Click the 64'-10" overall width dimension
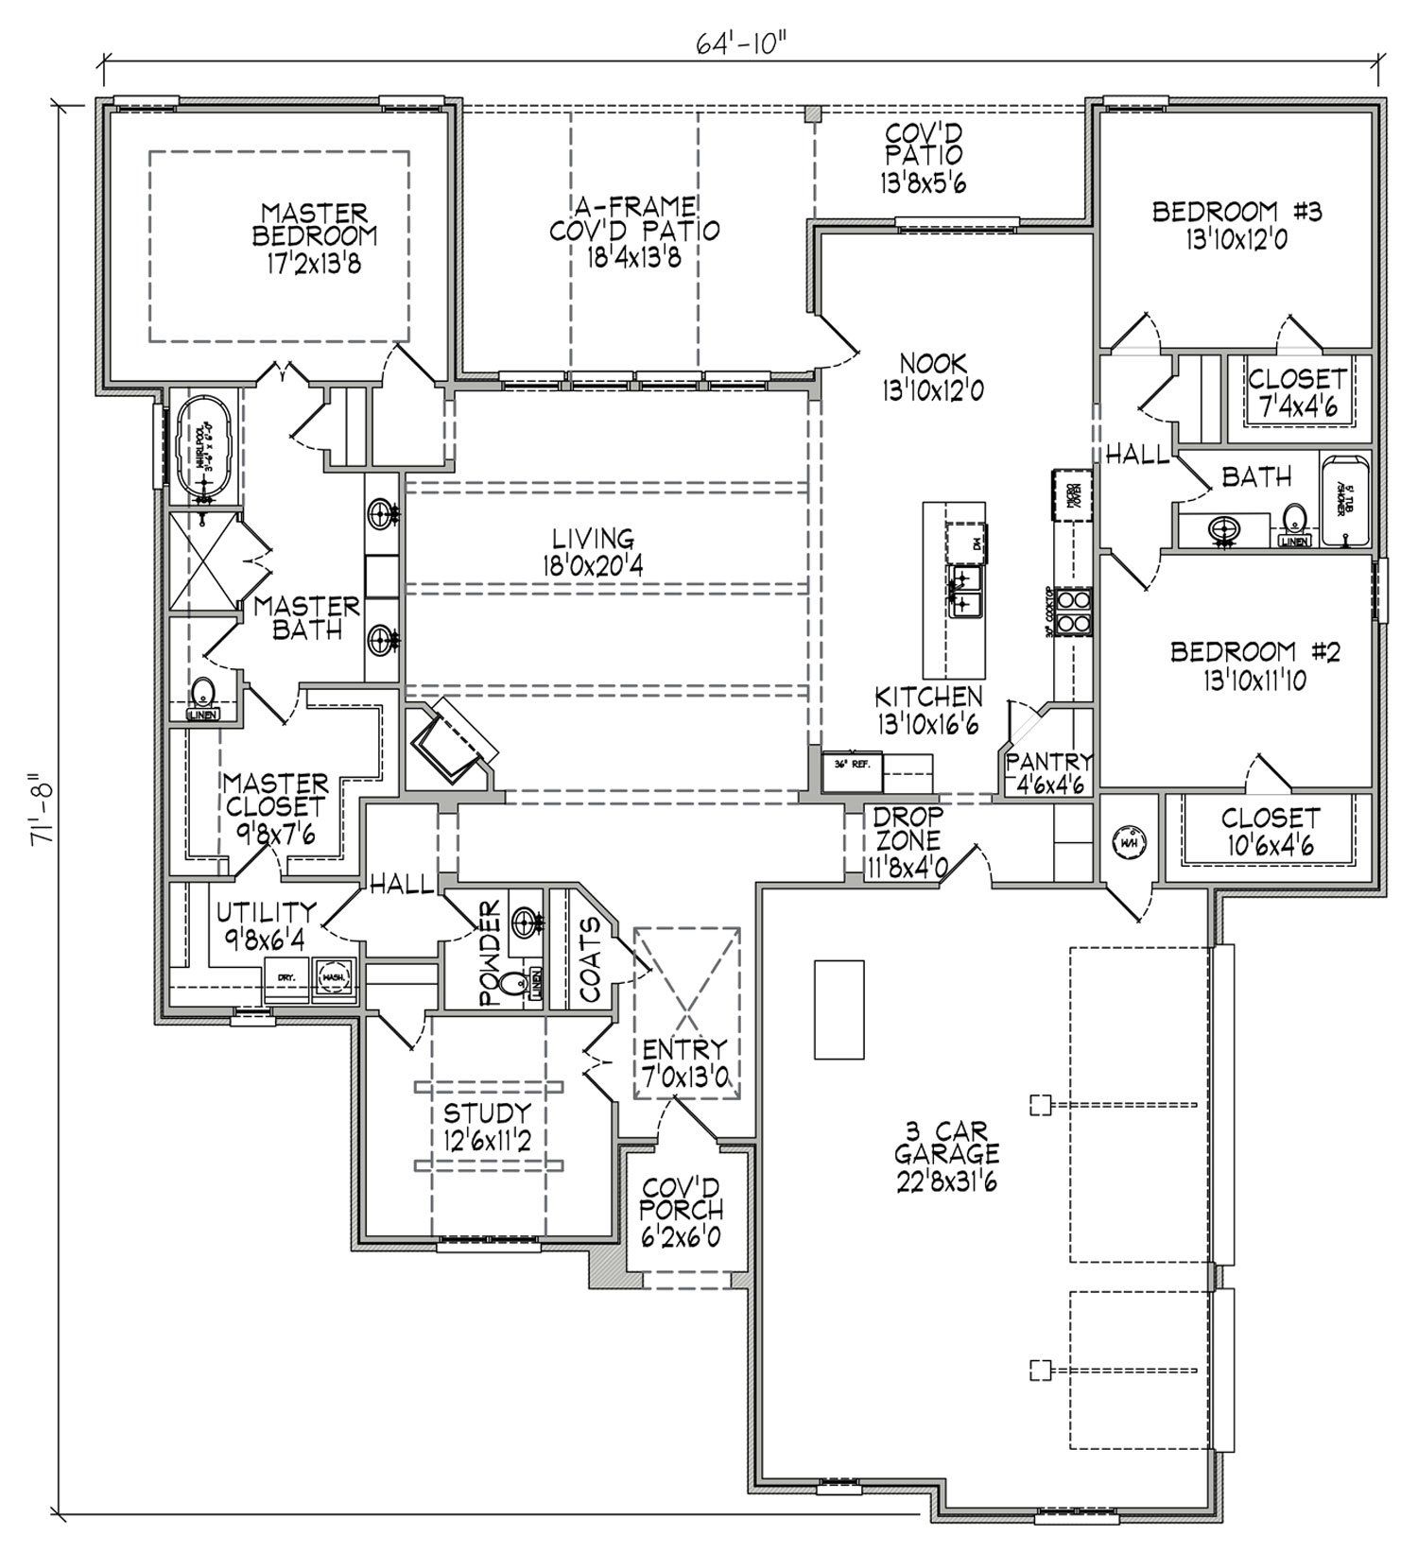pyautogui.click(x=732, y=43)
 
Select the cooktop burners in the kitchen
pyautogui.click(x=1076, y=611)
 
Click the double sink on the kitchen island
pyautogui.click(x=963, y=591)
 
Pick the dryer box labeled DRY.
pyautogui.click(x=286, y=979)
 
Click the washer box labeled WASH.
pyautogui.click(x=333, y=979)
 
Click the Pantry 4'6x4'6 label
pyautogui.click(x=1047, y=772)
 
